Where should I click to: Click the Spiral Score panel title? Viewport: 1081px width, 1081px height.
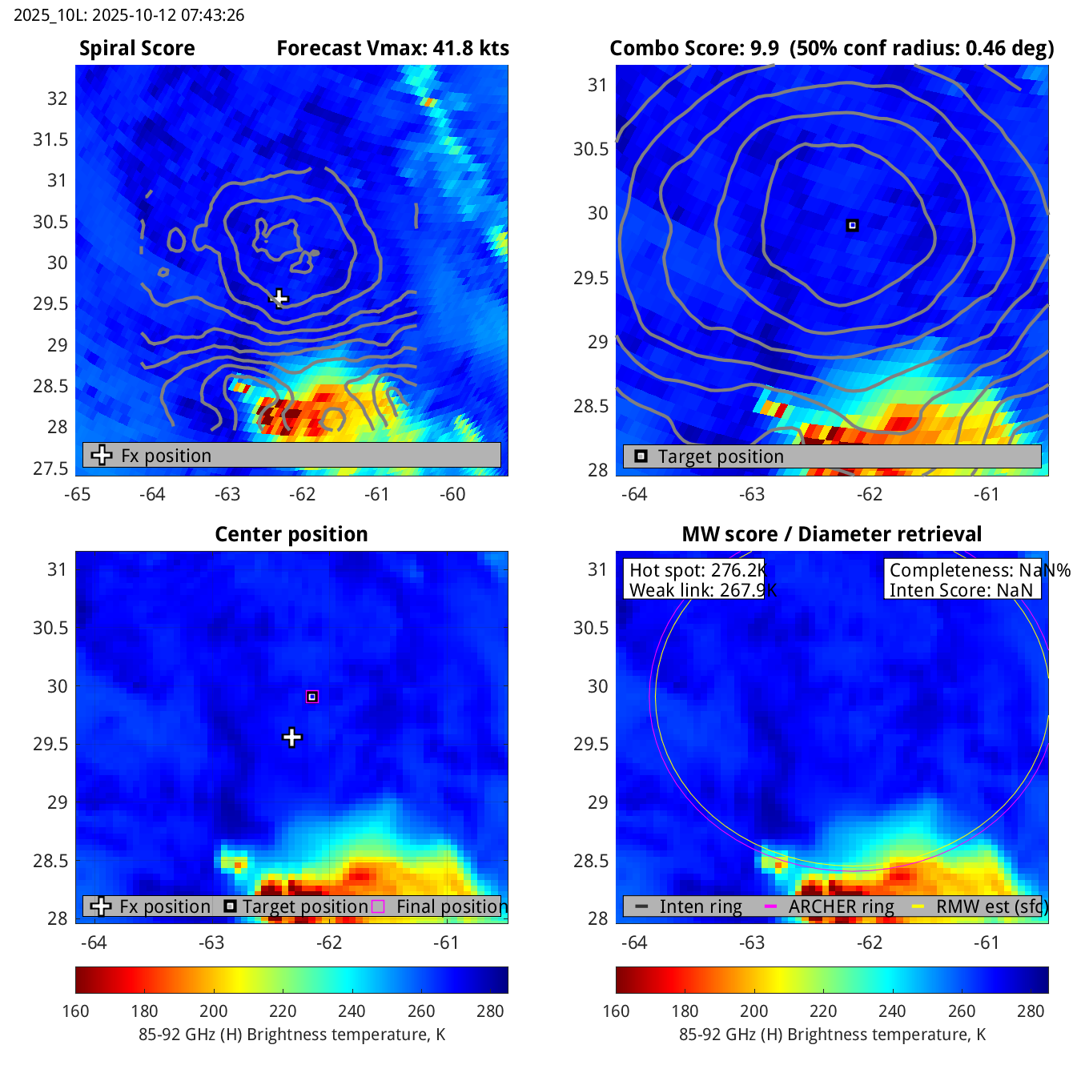pyautogui.click(x=137, y=48)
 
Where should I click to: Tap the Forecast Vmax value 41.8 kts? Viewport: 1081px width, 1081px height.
pyautogui.click(x=471, y=48)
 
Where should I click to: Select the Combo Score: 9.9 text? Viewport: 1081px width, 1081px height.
pyautogui.click(x=693, y=48)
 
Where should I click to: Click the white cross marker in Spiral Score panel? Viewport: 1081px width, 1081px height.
pyautogui.click(x=279, y=299)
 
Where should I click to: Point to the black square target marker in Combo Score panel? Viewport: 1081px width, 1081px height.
pyautogui.click(x=852, y=226)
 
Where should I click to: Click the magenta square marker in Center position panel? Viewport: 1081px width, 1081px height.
pyautogui.click(x=312, y=697)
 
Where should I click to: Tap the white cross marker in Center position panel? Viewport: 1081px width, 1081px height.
pyautogui.click(x=292, y=737)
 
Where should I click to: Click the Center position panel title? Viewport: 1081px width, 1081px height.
pyautogui.click(x=291, y=534)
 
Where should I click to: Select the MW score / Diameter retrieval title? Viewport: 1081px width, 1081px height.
pyautogui.click(x=831, y=534)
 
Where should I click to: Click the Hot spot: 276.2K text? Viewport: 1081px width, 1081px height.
pyautogui.click(x=697, y=570)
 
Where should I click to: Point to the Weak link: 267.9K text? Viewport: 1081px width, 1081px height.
pyautogui.click(x=702, y=590)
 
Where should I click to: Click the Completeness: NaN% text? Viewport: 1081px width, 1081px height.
pyautogui.click(x=979, y=570)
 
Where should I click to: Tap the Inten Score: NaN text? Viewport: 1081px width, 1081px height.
pyautogui.click(x=961, y=590)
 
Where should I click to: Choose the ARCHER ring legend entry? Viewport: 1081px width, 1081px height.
pyautogui.click(x=841, y=906)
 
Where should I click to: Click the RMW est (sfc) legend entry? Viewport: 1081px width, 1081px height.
pyautogui.click(x=991, y=906)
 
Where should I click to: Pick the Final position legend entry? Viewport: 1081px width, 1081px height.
pyautogui.click(x=449, y=906)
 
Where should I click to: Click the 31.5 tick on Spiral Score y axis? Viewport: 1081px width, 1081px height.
pyautogui.click(x=50, y=139)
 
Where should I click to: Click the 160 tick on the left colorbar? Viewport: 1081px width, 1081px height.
pyautogui.click(x=75, y=1011)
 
